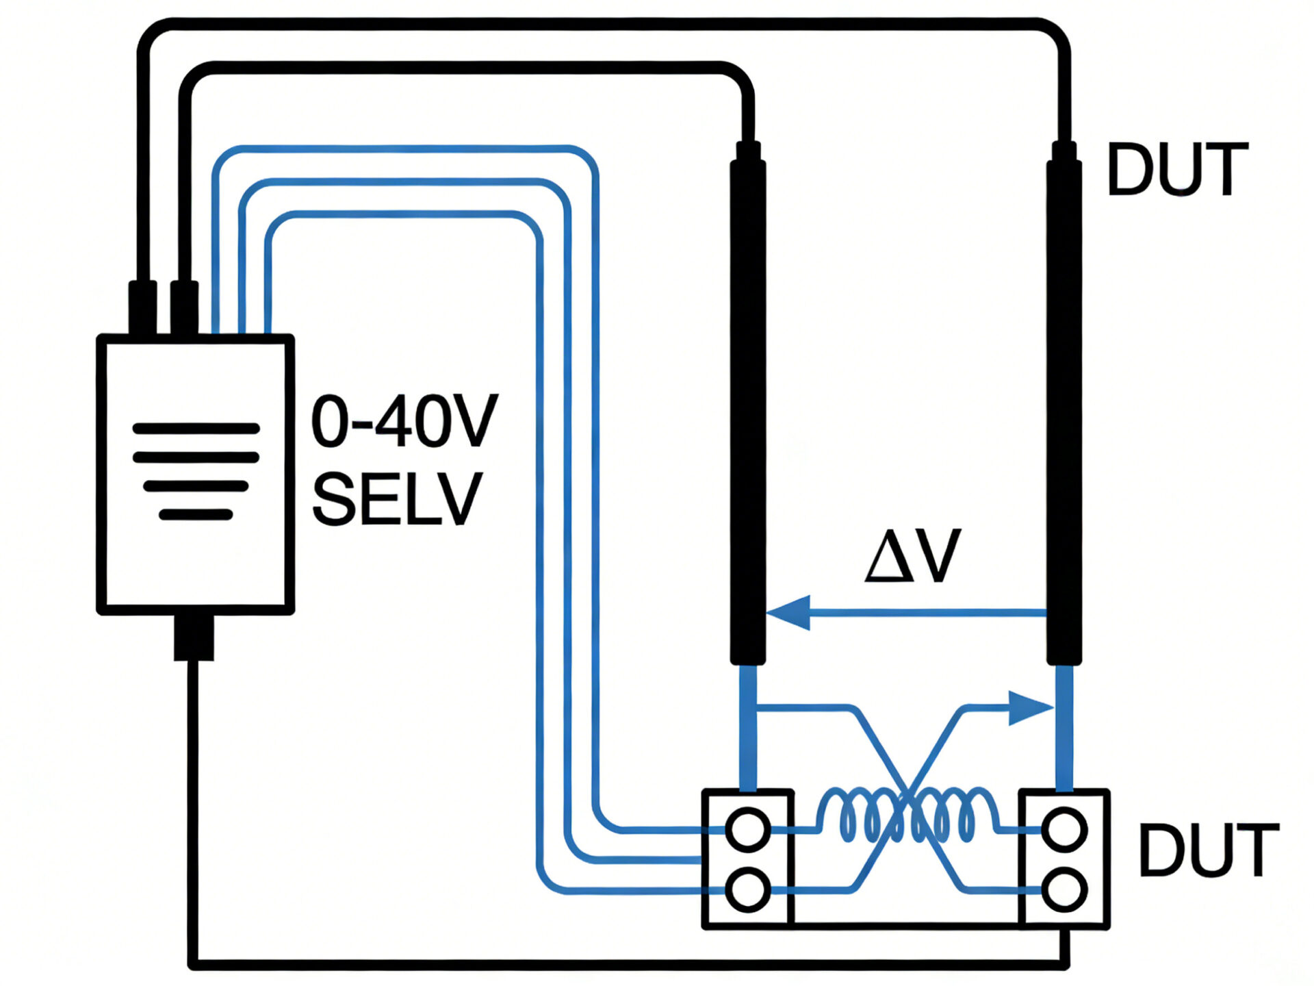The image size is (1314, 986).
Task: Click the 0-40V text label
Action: [404, 422]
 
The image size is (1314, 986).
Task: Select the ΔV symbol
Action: [913, 556]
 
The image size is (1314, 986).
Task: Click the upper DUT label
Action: [1177, 169]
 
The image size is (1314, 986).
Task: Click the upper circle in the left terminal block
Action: [747, 829]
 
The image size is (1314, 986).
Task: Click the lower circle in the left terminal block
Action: [747, 889]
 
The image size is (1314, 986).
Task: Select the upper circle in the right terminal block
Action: [1064, 829]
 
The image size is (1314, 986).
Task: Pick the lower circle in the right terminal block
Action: [1064, 889]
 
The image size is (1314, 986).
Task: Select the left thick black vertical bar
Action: [747, 411]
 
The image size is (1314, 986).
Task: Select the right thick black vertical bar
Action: [1064, 411]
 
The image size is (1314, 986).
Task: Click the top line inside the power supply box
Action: [196, 429]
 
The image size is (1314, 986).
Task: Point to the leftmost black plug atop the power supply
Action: [142, 307]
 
